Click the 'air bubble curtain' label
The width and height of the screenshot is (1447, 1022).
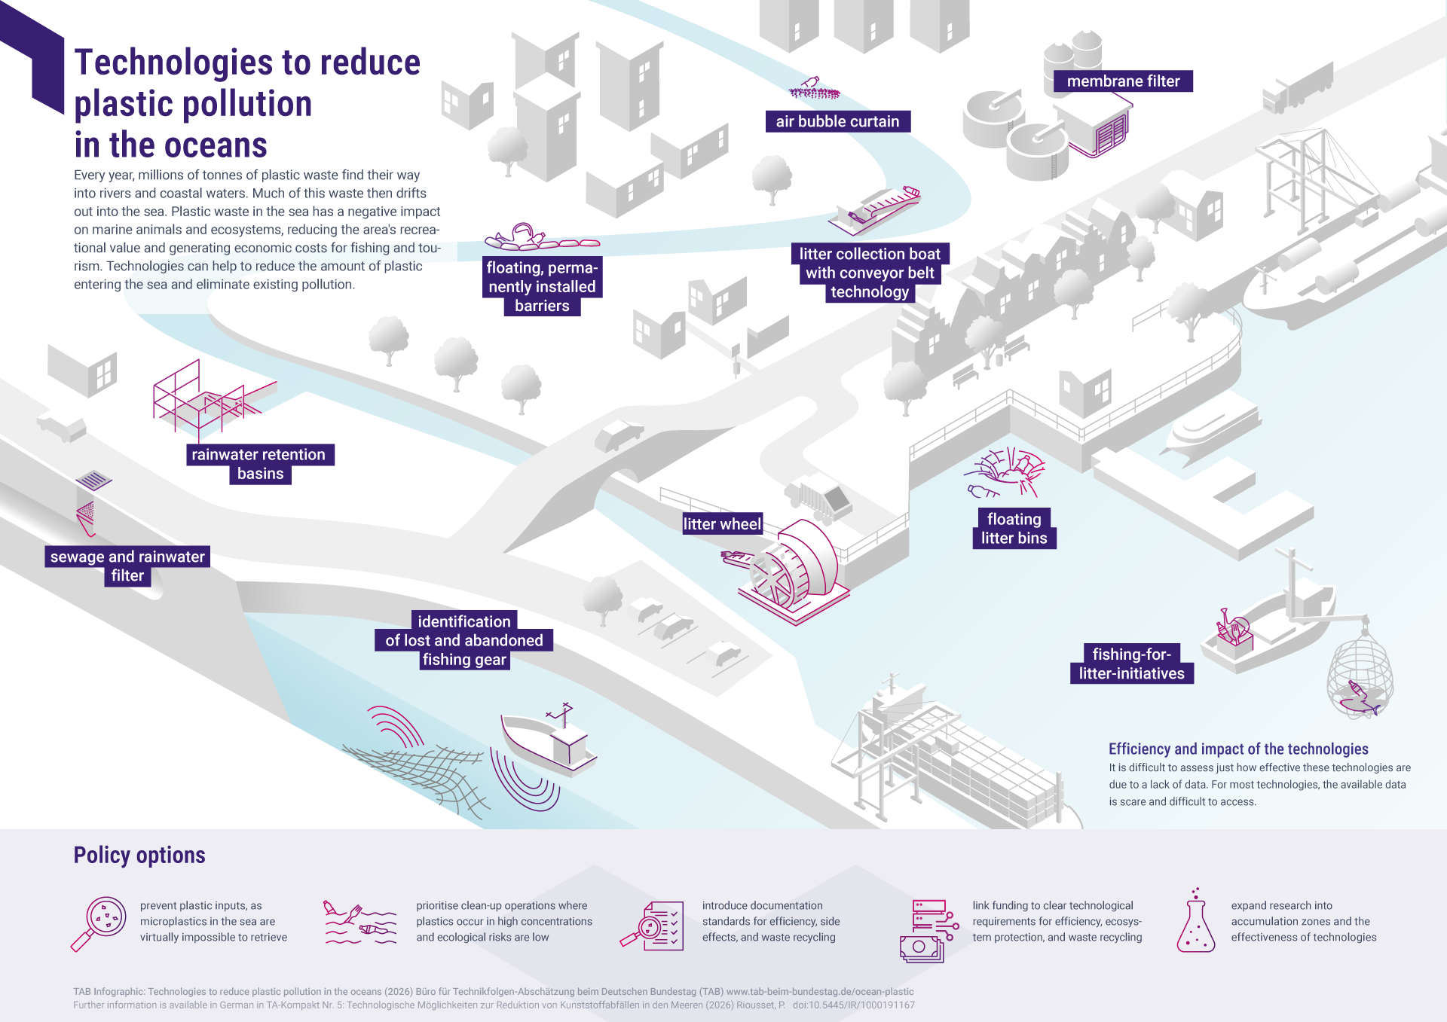(837, 121)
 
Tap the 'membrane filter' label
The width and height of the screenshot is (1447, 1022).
(1123, 81)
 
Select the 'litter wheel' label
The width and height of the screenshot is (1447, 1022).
(721, 524)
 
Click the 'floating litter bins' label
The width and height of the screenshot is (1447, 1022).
(1014, 529)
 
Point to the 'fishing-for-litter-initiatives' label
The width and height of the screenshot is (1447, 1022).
(1130, 664)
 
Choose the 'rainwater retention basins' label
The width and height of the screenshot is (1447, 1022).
(259, 464)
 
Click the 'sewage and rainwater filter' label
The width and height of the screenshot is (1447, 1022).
(127, 566)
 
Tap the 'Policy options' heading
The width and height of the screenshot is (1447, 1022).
(139, 856)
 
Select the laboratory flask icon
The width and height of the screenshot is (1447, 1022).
(1195, 922)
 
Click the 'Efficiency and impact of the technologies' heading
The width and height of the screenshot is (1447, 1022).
(1237, 749)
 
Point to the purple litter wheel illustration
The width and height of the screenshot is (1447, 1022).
(795, 572)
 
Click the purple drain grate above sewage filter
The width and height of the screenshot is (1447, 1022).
(93, 479)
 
